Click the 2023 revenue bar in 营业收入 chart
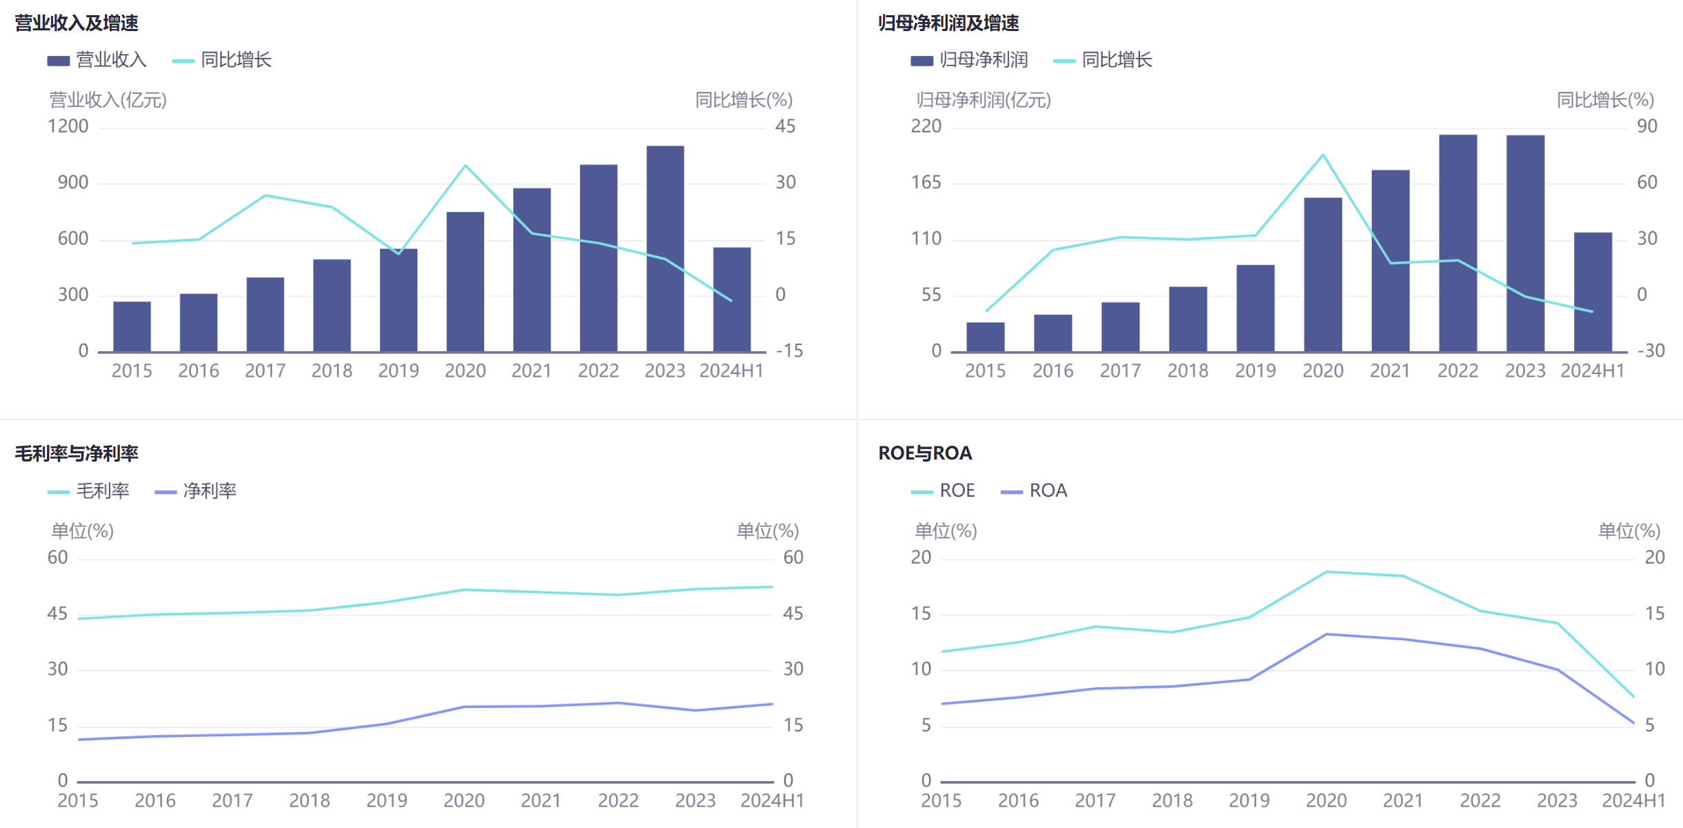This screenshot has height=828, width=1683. (x=665, y=248)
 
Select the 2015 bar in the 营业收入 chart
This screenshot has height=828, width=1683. (x=132, y=326)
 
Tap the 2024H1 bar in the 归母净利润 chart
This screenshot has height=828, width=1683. (x=1593, y=292)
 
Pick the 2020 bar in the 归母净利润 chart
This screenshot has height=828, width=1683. (x=1323, y=275)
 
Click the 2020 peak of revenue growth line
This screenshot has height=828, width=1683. (x=466, y=166)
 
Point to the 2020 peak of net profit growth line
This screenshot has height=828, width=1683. (x=1323, y=155)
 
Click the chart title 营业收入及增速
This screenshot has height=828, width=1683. (x=77, y=23)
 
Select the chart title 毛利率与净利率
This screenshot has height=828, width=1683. (x=77, y=453)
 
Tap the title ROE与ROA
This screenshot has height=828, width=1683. (x=925, y=453)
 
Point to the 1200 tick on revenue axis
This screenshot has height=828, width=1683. (x=68, y=126)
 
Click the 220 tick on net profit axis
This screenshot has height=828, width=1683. (x=926, y=126)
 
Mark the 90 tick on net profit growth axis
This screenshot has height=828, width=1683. (x=1647, y=126)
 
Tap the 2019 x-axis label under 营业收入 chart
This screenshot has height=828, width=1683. (x=399, y=371)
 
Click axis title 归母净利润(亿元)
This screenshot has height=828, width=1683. (x=983, y=100)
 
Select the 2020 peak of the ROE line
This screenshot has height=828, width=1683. (x=1326, y=572)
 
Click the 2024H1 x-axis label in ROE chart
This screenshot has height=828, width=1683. (x=1633, y=800)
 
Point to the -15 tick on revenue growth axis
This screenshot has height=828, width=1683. (x=789, y=351)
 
